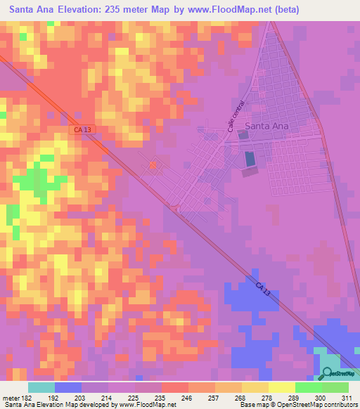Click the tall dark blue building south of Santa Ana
click(x=250, y=158)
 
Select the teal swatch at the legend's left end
click(x=41, y=387)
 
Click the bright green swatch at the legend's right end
click(x=335, y=387)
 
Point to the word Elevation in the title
click(x=90, y=10)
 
